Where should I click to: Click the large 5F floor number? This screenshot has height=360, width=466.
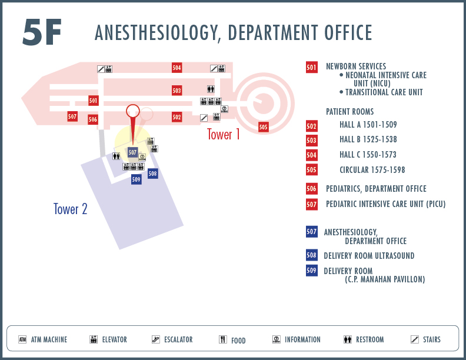point(42,32)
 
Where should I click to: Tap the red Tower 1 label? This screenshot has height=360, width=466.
point(223,134)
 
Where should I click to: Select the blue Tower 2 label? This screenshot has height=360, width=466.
point(71,209)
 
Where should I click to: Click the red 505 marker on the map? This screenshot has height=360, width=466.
point(264,127)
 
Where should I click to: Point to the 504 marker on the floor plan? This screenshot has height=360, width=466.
point(177,68)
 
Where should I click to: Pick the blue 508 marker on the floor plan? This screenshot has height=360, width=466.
point(153,174)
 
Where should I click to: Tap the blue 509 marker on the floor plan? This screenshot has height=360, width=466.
point(136,179)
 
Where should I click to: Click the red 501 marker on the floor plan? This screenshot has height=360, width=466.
point(94,101)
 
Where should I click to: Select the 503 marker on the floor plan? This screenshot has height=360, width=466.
point(177,91)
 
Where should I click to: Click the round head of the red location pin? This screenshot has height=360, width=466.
point(133,111)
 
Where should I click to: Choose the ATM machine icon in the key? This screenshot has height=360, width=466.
point(22,339)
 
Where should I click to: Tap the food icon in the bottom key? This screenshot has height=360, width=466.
point(223,339)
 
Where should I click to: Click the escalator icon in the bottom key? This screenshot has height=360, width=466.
point(156,339)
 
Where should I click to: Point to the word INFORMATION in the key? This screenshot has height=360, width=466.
point(302,339)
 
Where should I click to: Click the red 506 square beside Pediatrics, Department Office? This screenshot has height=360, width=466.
point(311,189)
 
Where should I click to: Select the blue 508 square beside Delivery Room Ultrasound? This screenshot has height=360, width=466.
point(311,255)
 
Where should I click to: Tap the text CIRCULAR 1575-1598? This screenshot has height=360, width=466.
point(372,170)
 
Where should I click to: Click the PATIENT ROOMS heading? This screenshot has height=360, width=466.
point(350,112)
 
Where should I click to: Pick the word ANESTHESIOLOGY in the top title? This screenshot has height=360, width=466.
point(158,33)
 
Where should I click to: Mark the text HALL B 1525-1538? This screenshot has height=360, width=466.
point(368,139)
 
